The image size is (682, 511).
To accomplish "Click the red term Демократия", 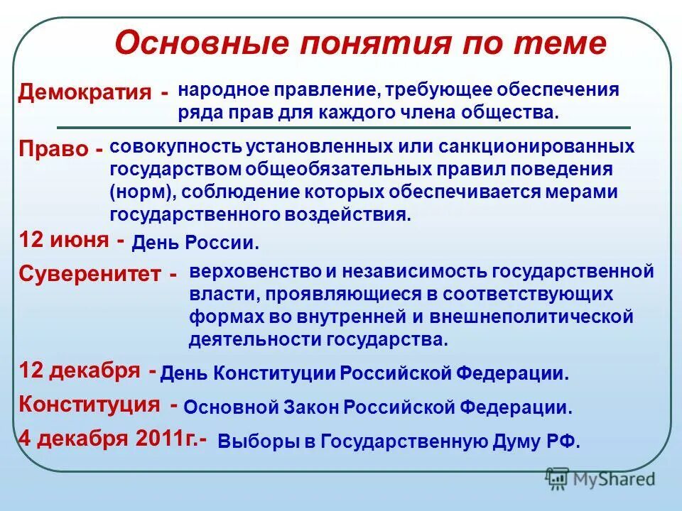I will (85, 92).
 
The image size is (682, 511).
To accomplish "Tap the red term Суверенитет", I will (90, 275).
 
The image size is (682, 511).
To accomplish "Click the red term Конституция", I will (90, 405).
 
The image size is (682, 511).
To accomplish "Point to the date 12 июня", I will (64, 240).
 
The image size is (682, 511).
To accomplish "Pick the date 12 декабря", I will (79, 370).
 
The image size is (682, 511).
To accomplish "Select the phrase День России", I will (196, 244).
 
